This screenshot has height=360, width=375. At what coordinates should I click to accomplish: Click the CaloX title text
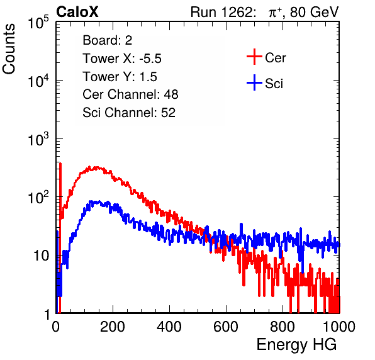pos(77,12)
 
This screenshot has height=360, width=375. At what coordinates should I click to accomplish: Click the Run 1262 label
pos(221,12)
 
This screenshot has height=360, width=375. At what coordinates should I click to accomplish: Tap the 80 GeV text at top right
pos(314,12)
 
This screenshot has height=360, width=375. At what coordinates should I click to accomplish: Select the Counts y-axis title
pos(9,49)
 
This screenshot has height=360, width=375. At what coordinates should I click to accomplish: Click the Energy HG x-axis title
pos(296,345)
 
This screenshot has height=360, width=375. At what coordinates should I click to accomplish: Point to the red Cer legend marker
pos(254,57)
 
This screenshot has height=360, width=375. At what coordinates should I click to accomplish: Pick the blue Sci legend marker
pos(254,83)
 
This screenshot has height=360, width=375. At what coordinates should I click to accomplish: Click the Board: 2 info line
pos(108,40)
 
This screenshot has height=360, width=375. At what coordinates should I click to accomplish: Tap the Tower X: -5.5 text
pos(122,59)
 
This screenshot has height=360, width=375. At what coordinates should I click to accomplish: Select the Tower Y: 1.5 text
pos(120,77)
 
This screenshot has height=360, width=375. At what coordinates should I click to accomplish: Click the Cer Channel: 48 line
pos(130,94)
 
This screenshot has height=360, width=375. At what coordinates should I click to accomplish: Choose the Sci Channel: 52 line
pos(129,113)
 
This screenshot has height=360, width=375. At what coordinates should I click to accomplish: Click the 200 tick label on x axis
pos(113,327)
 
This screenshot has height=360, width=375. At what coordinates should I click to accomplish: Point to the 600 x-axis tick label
pos(226,327)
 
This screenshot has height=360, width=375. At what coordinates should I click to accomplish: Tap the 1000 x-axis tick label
pos(339,327)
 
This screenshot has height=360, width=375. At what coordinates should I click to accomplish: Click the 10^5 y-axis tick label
pos(38,23)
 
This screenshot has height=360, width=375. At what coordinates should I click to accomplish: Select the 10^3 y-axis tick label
pos(38,139)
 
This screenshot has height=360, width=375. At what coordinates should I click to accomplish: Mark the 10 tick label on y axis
pos(42,256)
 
